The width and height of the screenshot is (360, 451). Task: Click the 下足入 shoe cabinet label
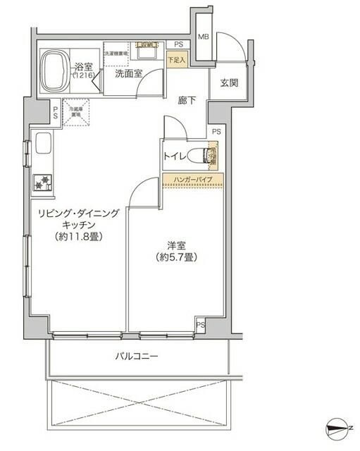(x=176, y=61)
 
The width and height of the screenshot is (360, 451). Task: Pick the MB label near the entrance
(x=203, y=37)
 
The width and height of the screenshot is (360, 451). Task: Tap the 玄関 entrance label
(x=229, y=82)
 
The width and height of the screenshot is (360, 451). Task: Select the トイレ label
(x=175, y=155)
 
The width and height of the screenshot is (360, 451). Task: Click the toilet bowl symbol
(x=212, y=154)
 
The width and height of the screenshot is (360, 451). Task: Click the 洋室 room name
(x=176, y=246)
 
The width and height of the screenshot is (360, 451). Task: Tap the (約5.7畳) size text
(x=176, y=257)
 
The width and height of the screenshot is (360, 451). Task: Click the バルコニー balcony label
(x=137, y=357)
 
